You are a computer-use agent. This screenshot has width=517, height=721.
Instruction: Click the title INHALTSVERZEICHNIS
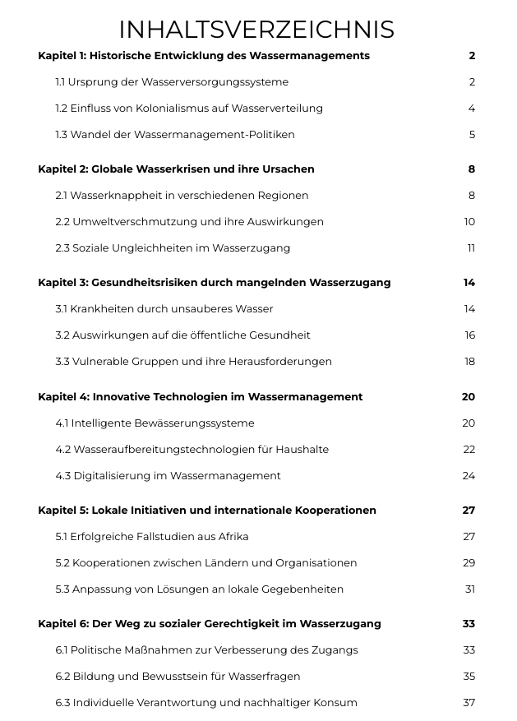point(256,30)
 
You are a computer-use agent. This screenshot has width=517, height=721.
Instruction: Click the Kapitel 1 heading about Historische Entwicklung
point(204,56)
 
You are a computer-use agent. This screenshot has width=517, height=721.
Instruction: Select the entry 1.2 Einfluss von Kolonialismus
point(189,109)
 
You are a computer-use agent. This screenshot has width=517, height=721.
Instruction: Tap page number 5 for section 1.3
point(472,135)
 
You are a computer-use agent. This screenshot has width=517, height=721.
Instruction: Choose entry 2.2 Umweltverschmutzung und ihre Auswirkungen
point(190,222)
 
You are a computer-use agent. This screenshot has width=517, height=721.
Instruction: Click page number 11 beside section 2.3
point(471,248)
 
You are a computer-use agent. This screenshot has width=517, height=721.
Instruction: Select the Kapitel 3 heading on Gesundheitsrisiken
point(215,283)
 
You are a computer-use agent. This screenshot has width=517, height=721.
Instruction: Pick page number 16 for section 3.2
point(469,335)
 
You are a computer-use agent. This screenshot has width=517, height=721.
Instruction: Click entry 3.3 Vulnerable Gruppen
point(194,362)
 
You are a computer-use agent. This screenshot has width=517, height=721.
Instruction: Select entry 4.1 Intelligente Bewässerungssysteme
point(155,423)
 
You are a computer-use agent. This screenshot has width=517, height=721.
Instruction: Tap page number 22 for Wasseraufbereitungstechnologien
point(469,450)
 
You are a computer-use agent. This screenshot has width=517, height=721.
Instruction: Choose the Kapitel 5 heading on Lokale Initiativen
point(207,511)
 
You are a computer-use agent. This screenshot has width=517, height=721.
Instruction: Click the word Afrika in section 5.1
point(232,537)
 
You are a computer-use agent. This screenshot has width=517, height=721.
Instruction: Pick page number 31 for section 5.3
point(470,589)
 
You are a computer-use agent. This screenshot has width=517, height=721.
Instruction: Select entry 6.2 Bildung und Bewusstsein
point(178,677)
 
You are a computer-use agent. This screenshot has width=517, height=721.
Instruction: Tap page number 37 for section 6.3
point(469,703)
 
